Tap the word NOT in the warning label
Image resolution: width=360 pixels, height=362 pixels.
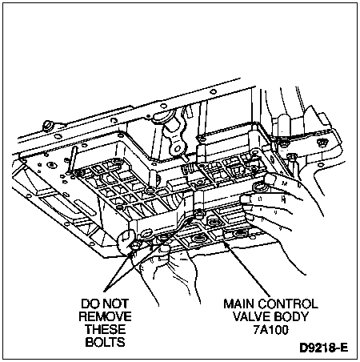pyautogui.click(x=116, y=304)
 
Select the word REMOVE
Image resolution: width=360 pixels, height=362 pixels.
pyautogui.click(x=105, y=316)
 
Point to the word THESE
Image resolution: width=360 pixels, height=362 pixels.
pyautogui.click(x=105, y=329)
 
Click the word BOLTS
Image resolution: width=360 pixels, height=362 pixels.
pyautogui.click(x=105, y=342)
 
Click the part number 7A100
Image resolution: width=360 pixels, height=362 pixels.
pyautogui.click(x=270, y=330)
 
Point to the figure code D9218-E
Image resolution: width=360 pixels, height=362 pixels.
pyautogui.click(x=324, y=348)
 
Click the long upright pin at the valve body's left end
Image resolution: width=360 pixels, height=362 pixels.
pyautogui.click(x=72, y=161)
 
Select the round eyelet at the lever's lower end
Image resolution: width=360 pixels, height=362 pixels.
pyautogui.click(x=177, y=147)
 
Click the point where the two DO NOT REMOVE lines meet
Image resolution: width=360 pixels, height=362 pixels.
pyautogui.click(x=105, y=291)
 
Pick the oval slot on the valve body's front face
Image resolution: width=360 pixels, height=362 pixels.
pyautogui.click(x=146, y=234)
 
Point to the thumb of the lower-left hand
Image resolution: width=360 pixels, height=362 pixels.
pyautogui.click(x=126, y=240)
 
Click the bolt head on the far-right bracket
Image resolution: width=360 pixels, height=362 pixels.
pyautogui.click(x=322, y=142)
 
